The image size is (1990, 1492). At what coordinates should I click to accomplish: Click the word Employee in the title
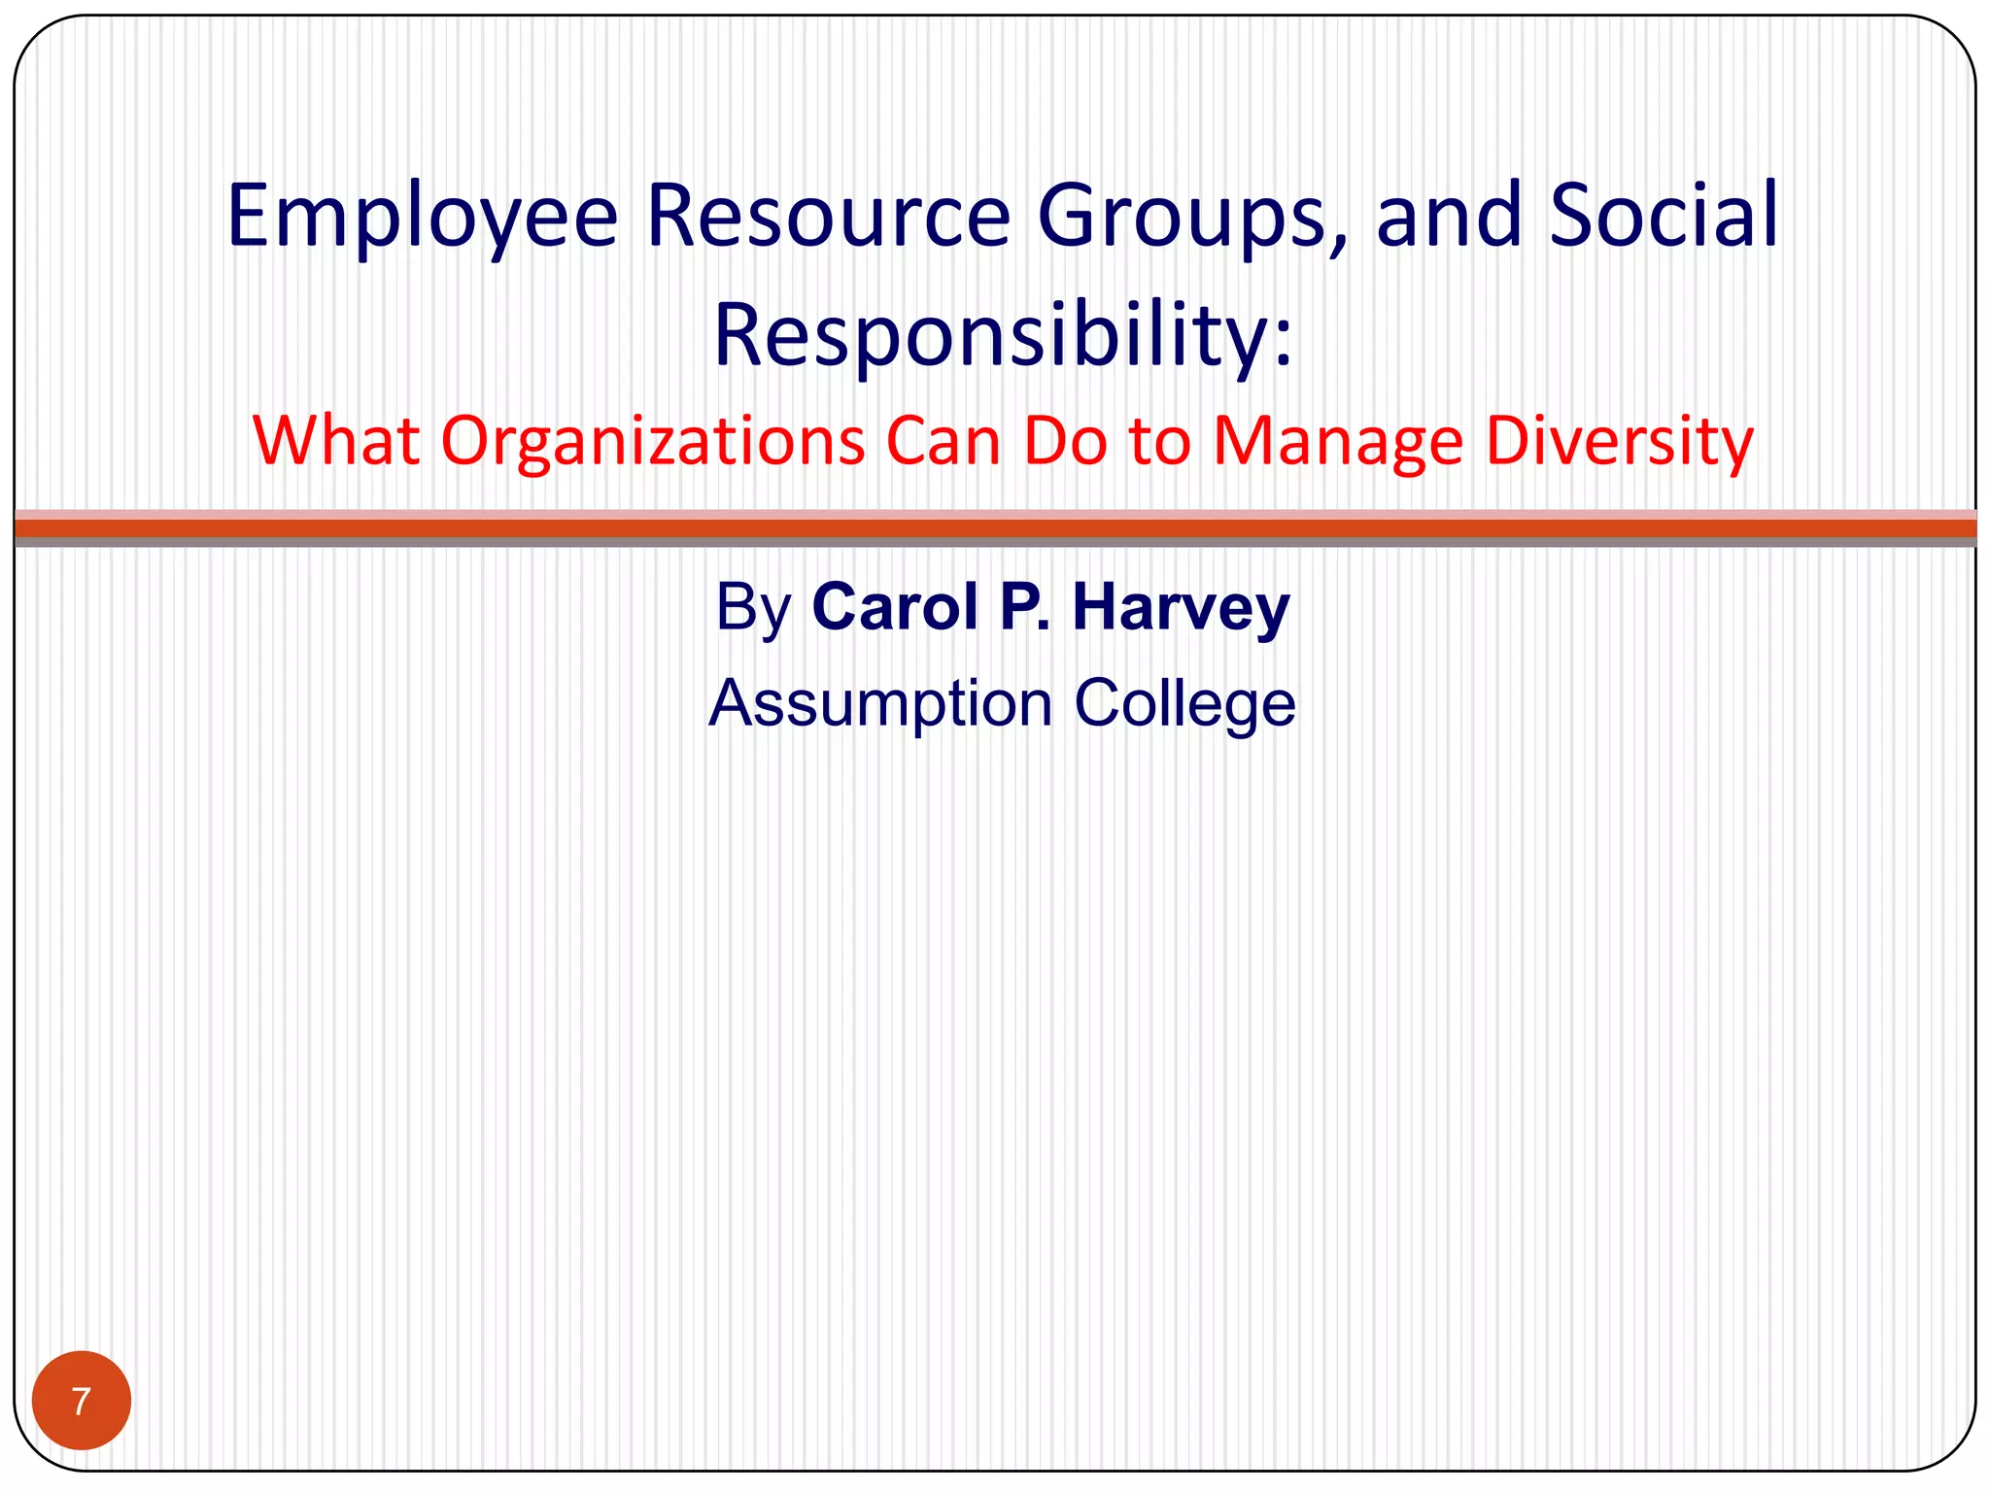point(422,216)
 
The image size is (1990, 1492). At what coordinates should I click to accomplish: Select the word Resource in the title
point(828,216)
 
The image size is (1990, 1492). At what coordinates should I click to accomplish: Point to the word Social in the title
point(1664,216)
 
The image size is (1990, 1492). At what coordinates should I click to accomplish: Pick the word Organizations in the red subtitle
point(652,441)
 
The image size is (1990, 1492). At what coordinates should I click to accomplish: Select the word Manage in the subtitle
point(1338,441)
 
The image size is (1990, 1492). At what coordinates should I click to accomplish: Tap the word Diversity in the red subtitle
point(1620,441)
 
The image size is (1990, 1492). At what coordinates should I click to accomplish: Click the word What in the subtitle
point(336,441)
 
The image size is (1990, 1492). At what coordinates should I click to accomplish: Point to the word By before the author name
point(754,607)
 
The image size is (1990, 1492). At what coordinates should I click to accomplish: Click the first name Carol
point(895,607)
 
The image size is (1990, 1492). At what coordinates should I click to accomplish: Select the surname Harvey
point(1181,607)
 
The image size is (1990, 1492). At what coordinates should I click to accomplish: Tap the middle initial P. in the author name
point(1025,607)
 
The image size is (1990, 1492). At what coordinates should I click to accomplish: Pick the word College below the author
point(1184,702)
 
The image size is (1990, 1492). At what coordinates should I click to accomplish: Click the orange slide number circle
point(82,1400)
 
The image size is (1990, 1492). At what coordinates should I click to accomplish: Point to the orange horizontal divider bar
point(995,528)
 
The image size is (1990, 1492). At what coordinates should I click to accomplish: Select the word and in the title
point(1449,216)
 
